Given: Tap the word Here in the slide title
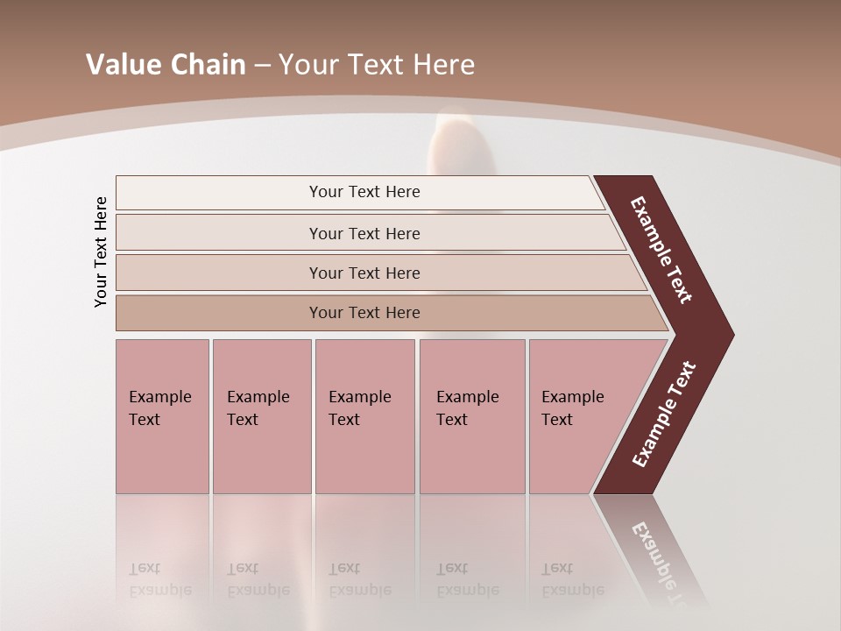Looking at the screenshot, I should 442,65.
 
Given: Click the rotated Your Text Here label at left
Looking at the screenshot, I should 101,252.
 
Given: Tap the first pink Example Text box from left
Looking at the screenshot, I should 162,416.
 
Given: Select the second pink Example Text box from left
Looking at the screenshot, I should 261,416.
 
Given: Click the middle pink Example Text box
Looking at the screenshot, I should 364,416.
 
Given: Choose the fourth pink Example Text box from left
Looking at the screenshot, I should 471,416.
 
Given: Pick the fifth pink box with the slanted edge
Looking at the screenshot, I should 578,416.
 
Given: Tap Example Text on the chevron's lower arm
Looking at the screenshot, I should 664,415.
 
